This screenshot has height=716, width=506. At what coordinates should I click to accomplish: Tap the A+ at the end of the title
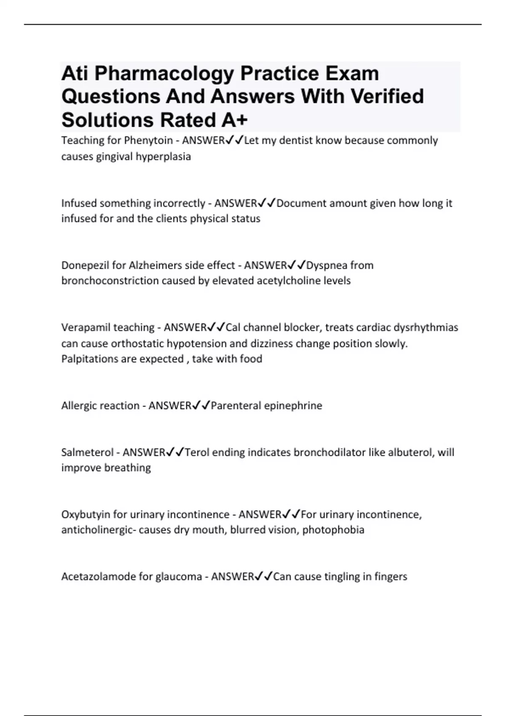(x=234, y=120)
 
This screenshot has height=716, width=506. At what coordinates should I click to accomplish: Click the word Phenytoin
(x=148, y=140)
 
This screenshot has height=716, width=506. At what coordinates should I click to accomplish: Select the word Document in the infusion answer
(x=301, y=203)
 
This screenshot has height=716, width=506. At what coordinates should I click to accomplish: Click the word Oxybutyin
(x=86, y=515)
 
